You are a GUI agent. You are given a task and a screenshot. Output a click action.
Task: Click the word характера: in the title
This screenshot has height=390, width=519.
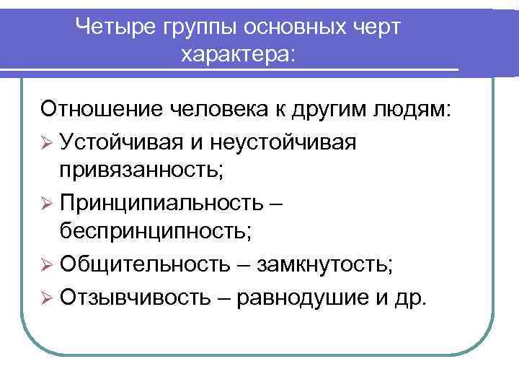point(239,54)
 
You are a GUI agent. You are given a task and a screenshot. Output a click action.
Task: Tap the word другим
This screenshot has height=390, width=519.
point(334,110)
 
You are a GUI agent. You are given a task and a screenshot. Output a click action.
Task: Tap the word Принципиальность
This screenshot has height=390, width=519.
point(163,203)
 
